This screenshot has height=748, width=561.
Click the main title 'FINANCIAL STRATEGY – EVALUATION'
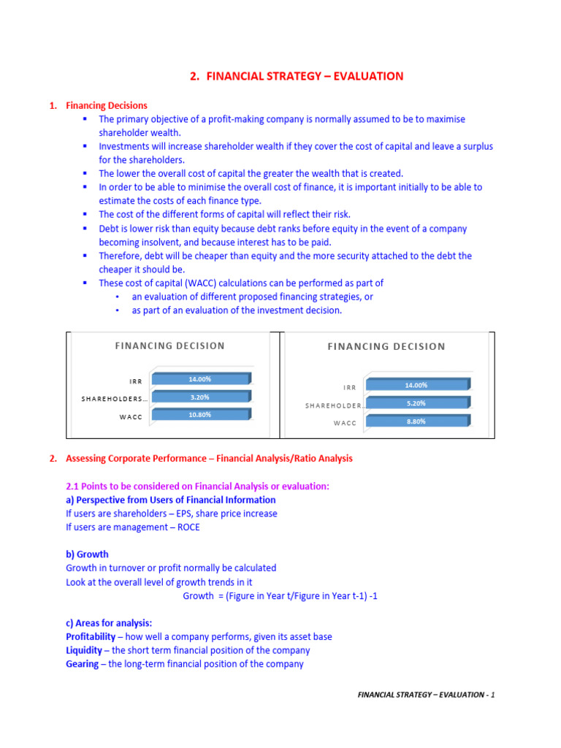tap(296, 76)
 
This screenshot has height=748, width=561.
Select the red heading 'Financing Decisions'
tap(107, 105)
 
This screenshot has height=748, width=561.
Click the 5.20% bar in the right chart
tap(416, 403)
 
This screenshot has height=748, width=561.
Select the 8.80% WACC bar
tap(416, 421)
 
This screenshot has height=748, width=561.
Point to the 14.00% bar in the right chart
tap(416, 385)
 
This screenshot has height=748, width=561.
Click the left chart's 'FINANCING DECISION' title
tap(169, 346)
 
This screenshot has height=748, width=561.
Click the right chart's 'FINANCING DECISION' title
tap(386, 346)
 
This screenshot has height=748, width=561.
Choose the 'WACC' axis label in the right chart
tap(345, 423)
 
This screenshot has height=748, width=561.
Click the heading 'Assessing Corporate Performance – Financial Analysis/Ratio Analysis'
tap(209, 459)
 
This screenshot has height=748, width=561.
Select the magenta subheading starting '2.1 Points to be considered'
tap(197, 486)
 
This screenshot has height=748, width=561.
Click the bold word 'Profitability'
tap(90, 637)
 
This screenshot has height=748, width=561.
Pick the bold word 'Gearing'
tap(82, 664)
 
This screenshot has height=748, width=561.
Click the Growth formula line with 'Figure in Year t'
tap(280, 596)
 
